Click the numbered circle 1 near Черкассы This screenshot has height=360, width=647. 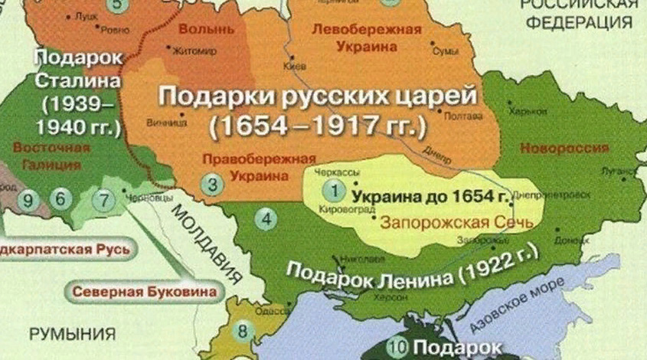click(x=332, y=187)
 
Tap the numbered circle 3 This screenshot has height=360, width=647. click(x=214, y=184)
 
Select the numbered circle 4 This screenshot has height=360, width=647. click(x=266, y=220)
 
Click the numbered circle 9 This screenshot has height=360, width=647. click(x=29, y=201)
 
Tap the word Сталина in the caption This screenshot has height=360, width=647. click(x=78, y=80)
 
